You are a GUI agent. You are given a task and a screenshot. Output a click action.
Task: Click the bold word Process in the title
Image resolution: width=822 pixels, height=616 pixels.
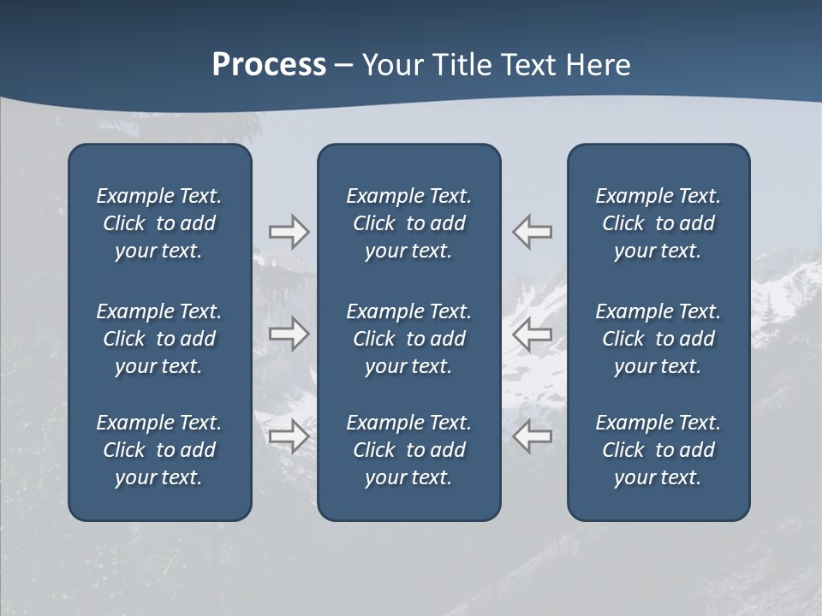point(269,65)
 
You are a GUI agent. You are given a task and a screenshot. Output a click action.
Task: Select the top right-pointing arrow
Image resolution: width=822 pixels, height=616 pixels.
point(289,232)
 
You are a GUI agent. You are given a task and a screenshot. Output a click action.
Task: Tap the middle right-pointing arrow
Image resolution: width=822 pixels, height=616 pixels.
point(289,334)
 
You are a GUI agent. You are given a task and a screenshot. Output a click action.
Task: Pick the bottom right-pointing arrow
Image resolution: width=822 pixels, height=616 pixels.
point(289,436)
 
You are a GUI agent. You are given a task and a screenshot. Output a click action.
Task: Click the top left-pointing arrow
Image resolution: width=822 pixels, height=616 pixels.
point(532,232)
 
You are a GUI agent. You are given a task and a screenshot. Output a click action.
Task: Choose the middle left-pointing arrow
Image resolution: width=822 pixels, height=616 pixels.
point(532,334)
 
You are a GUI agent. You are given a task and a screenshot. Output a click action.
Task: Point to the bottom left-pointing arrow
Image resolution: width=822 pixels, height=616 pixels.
point(532,436)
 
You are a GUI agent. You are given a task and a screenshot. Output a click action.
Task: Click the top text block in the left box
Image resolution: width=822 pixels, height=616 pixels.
point(159,223)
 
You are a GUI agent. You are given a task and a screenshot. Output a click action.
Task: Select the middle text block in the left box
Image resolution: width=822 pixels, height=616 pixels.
point(159,339)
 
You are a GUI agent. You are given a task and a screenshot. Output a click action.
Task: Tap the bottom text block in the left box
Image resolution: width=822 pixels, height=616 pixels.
point(159,450)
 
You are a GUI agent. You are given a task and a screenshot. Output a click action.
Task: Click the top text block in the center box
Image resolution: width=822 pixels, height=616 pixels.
point(408,223)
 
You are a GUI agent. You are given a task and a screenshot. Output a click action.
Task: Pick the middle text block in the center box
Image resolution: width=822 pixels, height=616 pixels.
point(408,339)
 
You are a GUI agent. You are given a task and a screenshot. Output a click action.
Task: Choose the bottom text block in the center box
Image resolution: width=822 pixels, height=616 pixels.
point(408,450)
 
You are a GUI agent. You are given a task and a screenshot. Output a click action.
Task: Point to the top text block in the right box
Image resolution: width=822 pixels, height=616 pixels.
point(658,223)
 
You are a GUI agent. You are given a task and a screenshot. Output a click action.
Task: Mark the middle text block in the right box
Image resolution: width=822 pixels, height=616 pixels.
point(658,339)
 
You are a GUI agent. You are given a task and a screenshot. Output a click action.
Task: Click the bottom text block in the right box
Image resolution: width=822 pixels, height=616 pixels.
point(658,450)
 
